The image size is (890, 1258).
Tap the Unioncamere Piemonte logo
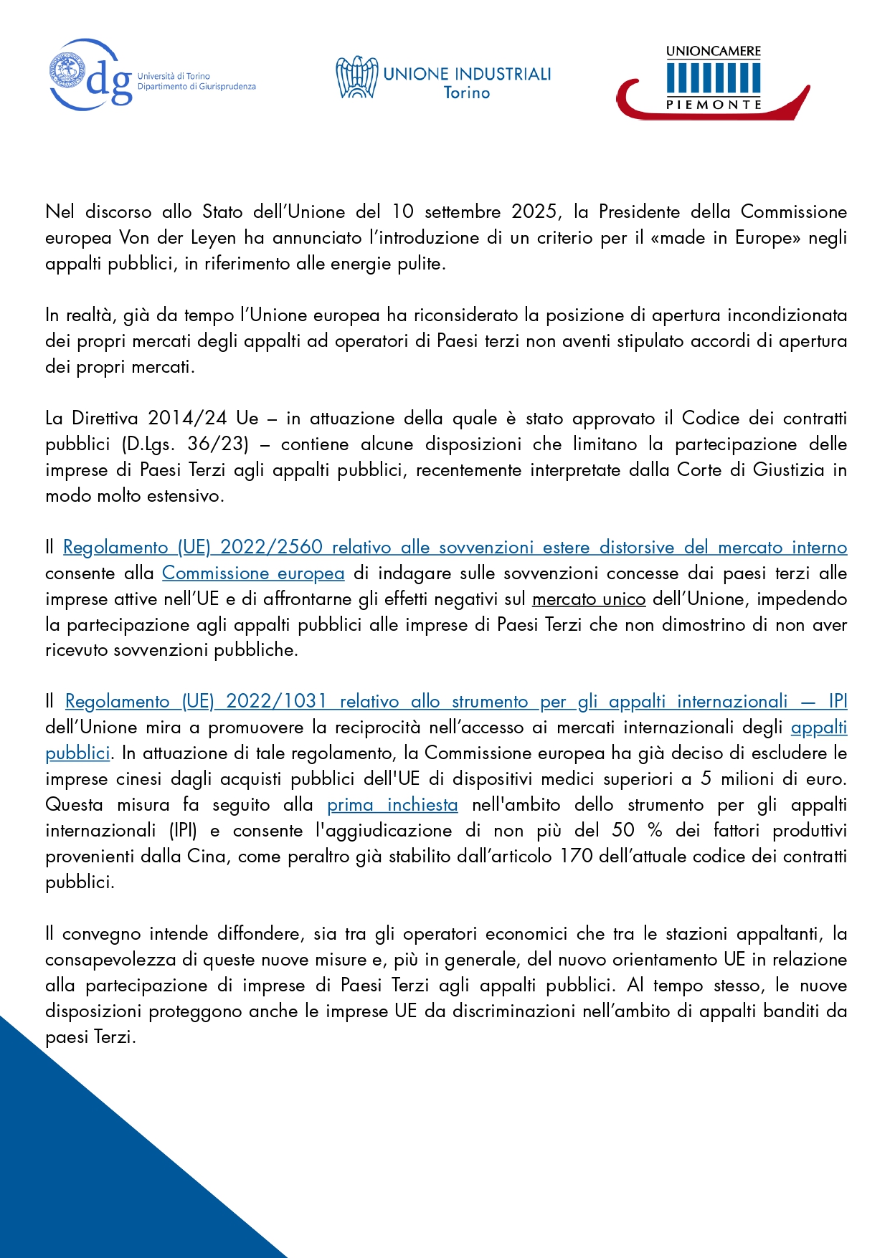(x=713, y=82)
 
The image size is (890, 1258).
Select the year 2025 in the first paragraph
(x=534, y=212)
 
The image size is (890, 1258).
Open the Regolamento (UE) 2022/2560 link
(x=455, y=548)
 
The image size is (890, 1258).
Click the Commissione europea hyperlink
(x=253, y=573)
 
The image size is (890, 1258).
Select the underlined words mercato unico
(x=589, y=599)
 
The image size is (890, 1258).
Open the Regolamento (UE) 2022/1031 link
(x=456, y=702)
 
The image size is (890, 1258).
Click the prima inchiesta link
(x=392, y=805)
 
